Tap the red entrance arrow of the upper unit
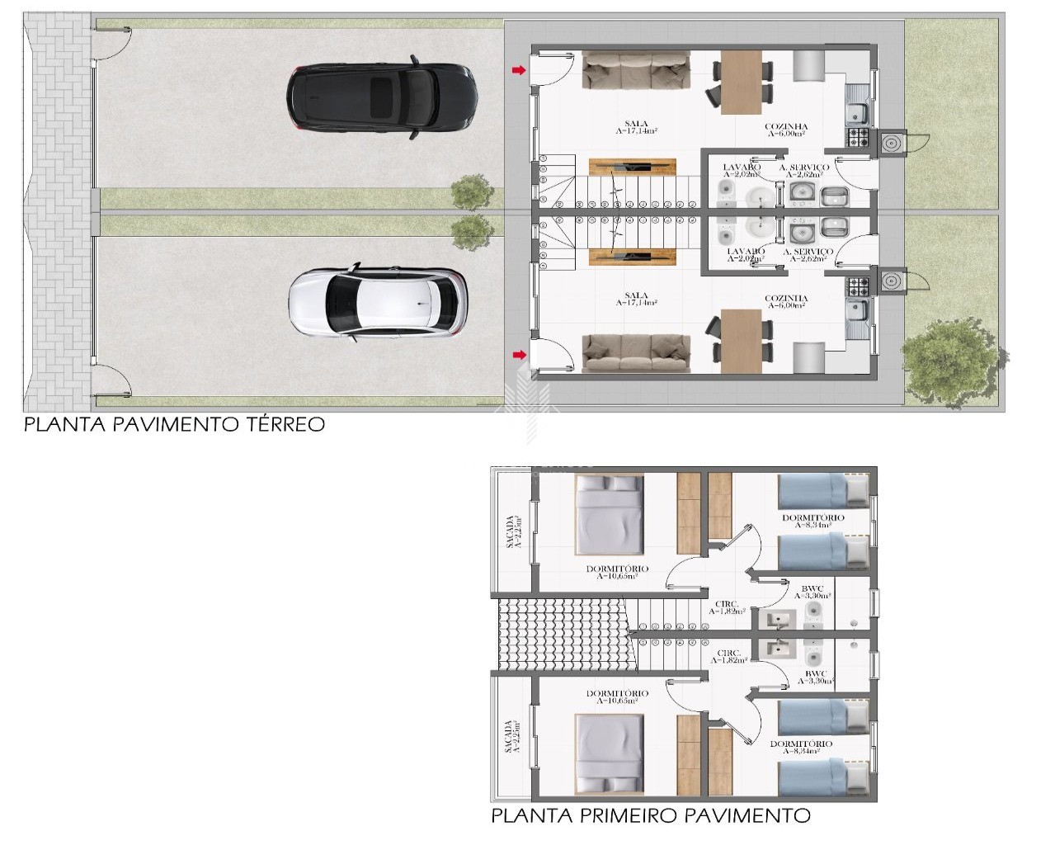pos(518,71)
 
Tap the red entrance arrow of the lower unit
pos(518,355)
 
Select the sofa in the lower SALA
pos(636,352)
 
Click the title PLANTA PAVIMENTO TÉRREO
pos(174,424)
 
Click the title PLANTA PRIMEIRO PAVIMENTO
pos(650,816)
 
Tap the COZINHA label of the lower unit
pos(785,299)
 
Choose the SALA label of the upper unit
pos(636,125)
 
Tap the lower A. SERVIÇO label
pos(808,252)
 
